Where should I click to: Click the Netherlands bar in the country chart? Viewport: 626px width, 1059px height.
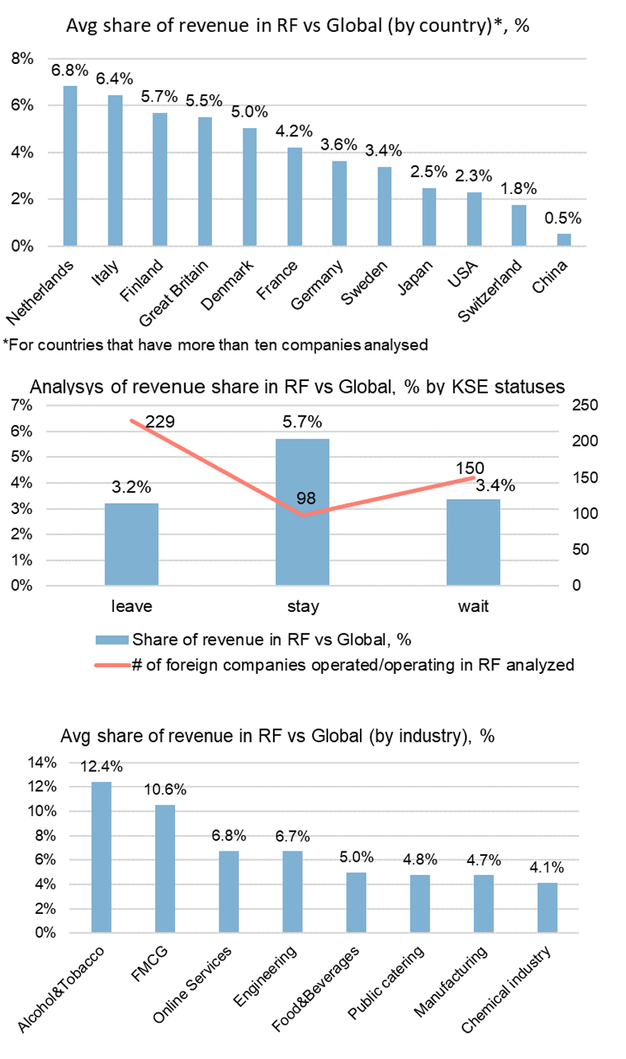click(70, 166)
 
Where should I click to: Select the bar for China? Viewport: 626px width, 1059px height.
click(563, 240)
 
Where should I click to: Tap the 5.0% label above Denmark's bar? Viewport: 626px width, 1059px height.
click(250, 112)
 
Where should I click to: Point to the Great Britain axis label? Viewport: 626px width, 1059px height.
click(174, 293)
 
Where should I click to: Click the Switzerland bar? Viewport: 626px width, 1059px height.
click(519, 225)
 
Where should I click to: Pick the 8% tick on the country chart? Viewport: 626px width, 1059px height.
click(22, 58)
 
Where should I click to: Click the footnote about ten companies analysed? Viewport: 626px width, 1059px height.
click(216, 345)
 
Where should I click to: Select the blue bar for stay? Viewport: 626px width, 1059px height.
click(302, 512)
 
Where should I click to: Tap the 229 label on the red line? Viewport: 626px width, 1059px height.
click(160, 421)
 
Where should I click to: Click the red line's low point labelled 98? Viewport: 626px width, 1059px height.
click(303, 515)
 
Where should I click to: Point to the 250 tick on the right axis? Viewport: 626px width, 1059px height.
click(585, 405)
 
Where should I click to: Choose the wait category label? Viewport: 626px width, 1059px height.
click(473, 606)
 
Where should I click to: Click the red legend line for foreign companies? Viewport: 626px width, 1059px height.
click(112, 665)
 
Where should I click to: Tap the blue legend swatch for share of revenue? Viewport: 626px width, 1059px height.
click(112, 640)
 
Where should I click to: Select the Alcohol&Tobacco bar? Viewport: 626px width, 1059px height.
click(101, 856)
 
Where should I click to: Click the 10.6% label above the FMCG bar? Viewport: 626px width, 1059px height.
click(165, 790)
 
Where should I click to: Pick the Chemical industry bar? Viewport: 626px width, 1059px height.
click(548, 907)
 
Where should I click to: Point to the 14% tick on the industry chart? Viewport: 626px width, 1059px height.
click(42, 763)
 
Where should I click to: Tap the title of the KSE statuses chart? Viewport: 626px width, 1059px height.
click(297, 387)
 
